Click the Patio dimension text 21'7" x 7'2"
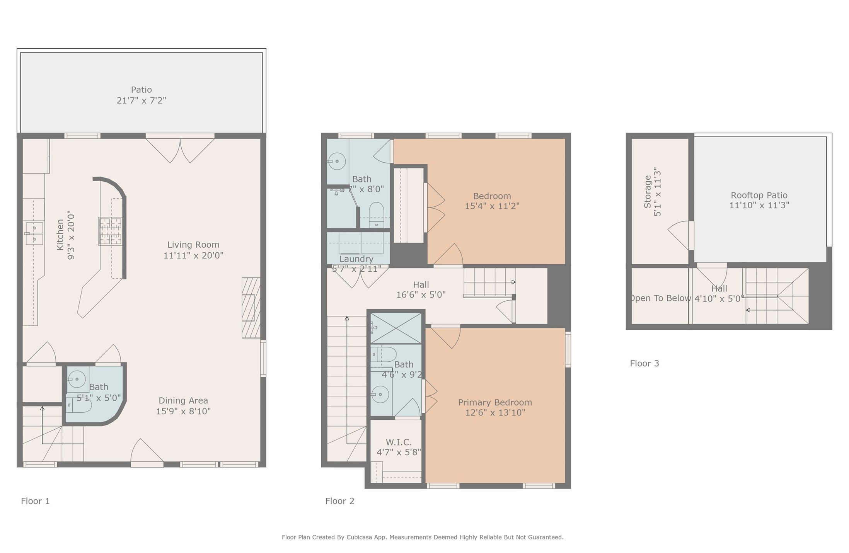(x=141, y=100)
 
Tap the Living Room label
(x=193, y=245)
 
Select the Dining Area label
(x=183, y=400)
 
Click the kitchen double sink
(x=34, y=234)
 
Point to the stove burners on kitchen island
(x=110, y=231)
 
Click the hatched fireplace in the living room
(x=251, y=308)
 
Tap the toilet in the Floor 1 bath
(x=79, y=405)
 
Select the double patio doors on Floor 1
(x=180, y=150)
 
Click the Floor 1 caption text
(x=35, y=501)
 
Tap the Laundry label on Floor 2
(x=356, y=259)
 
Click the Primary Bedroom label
(x=494, y=402)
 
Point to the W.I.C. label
(x=399, y=442)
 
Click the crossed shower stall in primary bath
(x=396, y=328)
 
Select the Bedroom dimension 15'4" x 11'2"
(x=492, y=206)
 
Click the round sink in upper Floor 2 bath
(x=337, y=161)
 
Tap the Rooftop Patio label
(x=759, y=195)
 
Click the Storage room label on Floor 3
(x=647, y=192)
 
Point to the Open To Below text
(x=661, y=298)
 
